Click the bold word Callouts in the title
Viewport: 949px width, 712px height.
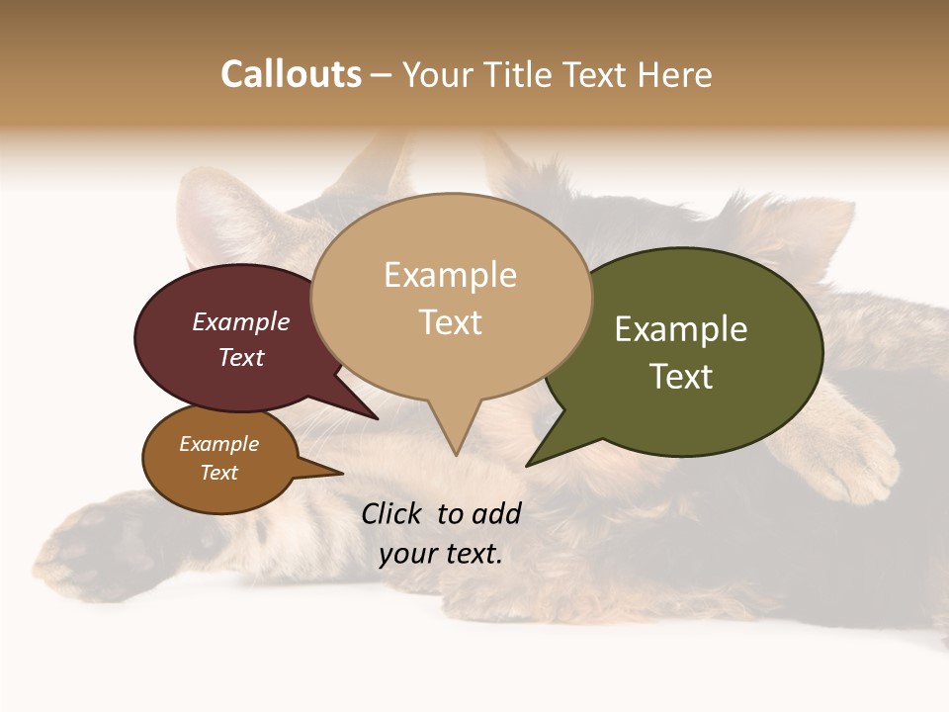291,74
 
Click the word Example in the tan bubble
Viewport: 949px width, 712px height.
450,275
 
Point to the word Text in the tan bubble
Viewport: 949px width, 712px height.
450,322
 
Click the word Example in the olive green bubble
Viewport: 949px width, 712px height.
681,329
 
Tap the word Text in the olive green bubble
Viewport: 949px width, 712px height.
681,377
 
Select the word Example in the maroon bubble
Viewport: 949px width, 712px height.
240,321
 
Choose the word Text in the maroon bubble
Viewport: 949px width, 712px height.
240,357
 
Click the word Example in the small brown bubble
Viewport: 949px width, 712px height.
218,444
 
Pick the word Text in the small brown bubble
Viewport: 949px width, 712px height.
218,473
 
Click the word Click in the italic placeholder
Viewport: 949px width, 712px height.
393,513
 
